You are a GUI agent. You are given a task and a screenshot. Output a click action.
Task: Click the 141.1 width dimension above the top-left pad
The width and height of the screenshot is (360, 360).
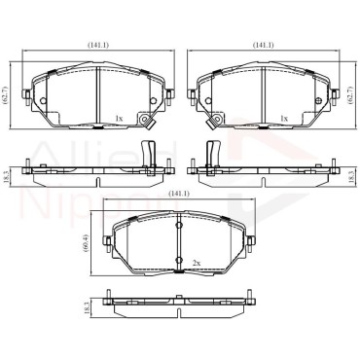(98, 46)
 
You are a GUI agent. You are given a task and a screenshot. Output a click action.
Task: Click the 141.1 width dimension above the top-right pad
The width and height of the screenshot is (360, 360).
(264, 46)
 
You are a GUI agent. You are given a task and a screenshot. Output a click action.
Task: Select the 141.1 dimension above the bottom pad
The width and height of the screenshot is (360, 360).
(179, 194)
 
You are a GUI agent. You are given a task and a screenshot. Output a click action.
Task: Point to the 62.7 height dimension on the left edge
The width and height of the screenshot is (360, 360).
(5, 94)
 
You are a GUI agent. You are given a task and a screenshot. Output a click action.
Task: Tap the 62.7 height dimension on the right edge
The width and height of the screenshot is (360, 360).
(349, 94)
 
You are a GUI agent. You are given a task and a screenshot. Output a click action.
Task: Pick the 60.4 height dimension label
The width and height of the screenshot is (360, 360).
(86, 242)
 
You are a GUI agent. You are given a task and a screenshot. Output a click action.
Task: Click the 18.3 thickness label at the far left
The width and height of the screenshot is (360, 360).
(5, 177)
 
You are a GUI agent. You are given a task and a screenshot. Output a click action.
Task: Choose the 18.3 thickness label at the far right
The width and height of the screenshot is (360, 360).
(349, 177)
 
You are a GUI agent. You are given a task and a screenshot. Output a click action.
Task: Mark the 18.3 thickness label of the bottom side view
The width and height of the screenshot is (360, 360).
(87, 306)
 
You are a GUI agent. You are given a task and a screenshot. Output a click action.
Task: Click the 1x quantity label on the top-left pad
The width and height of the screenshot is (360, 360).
(120, 119)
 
